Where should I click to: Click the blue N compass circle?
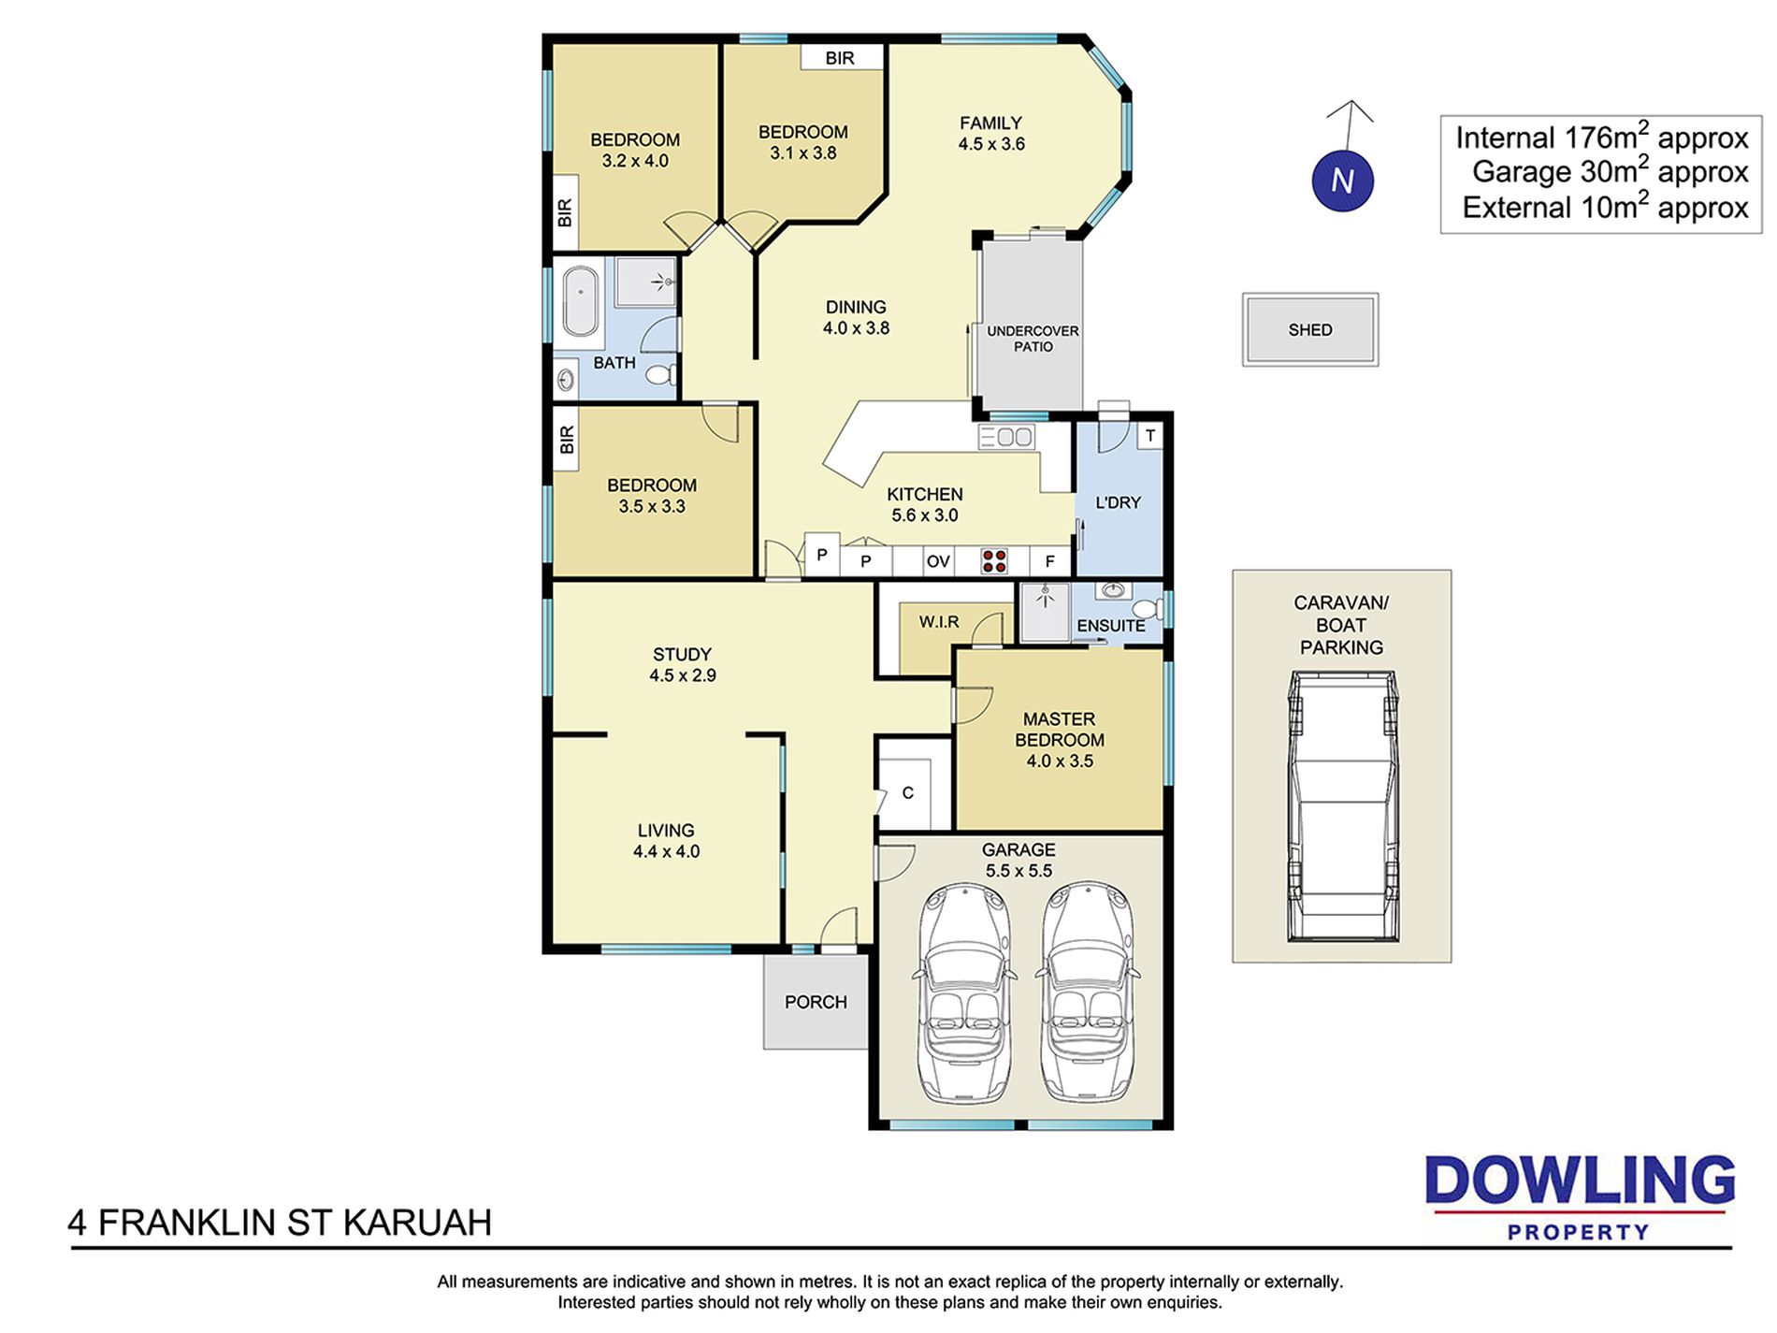(x=1342, y=181)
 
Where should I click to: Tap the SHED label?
(x=1309, y=330)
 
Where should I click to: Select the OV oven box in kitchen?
(x=938, y=561)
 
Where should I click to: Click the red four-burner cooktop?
(x=993, y=561)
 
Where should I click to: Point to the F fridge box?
(x=1050, y=561)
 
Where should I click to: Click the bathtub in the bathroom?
(x=580, y=300)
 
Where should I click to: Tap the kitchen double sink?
(x=1006, y=437)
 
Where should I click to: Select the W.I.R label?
(x=939, y=622)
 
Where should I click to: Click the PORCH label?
(x=816, y=1002)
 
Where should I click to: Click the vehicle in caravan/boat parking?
(x=1342, y=805)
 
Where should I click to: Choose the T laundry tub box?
(x=1149, y=436)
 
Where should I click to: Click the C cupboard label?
(x=907, y=793)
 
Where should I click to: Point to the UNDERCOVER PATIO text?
(x=1033, y=339)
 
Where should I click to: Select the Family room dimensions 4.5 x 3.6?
(x=991, y=144)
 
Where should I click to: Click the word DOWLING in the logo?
(x=1580, y=1181)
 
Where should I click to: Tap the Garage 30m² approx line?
(x=1610, y=172)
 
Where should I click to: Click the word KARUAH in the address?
(x=417, y=1223)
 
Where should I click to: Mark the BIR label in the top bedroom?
(x=840, y=58)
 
